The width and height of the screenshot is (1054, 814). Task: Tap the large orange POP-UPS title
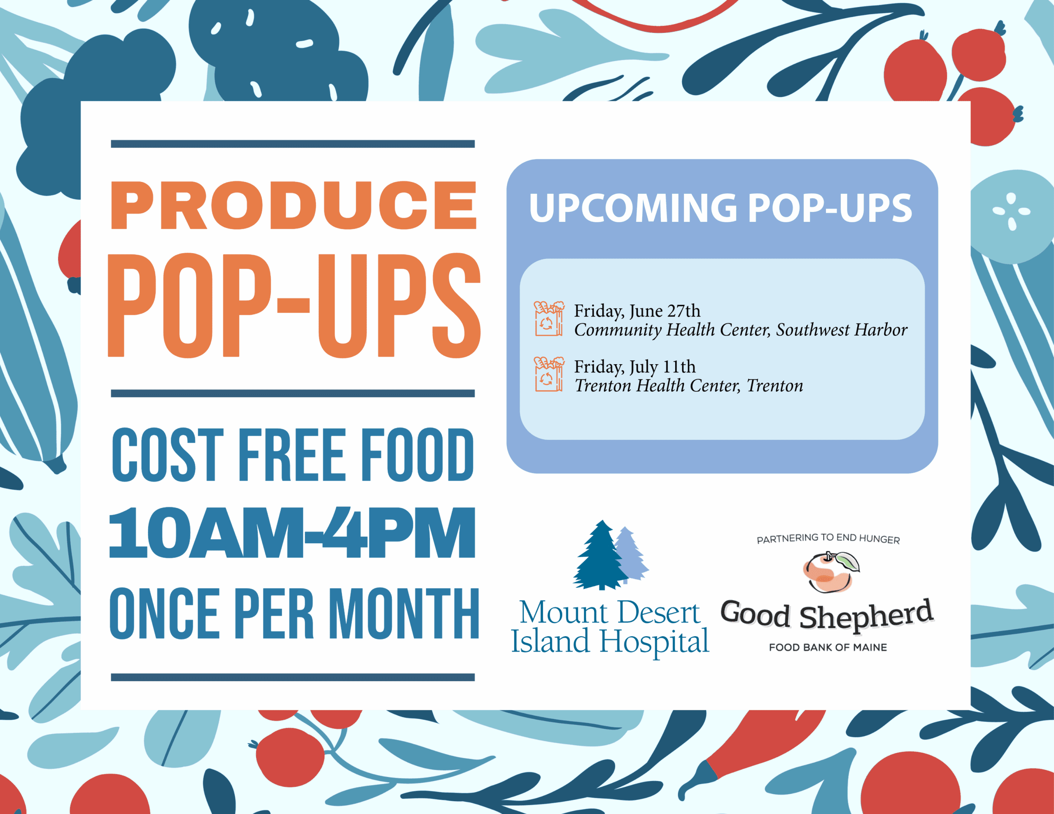pyautogui.click(x=294, y=305)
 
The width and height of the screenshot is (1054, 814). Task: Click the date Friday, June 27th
pyautogui.click(x=637, y=311)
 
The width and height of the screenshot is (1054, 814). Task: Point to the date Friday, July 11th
pyautogui.click(x=634, y=367)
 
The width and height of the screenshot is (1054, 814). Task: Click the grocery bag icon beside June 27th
pyautogui.click(x=549, y=319)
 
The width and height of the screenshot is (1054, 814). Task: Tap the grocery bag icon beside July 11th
pyautogui.click(x=549, y=374)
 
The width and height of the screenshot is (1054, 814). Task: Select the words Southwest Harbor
pyautogui.click(x=842, y=330)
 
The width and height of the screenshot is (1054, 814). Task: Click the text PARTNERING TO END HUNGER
pyautogui.click(x=828, y=539)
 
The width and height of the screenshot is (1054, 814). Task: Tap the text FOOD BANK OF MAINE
pyautogui.click(x=828, y=647)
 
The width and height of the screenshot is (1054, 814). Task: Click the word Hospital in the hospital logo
pyautogui.click(x=654, y=642)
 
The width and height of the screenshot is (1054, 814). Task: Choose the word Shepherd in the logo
pyautogui.click(x=866, y=615)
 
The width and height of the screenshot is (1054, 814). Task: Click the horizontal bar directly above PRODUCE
pyautogui.click(x=293, y=144)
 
